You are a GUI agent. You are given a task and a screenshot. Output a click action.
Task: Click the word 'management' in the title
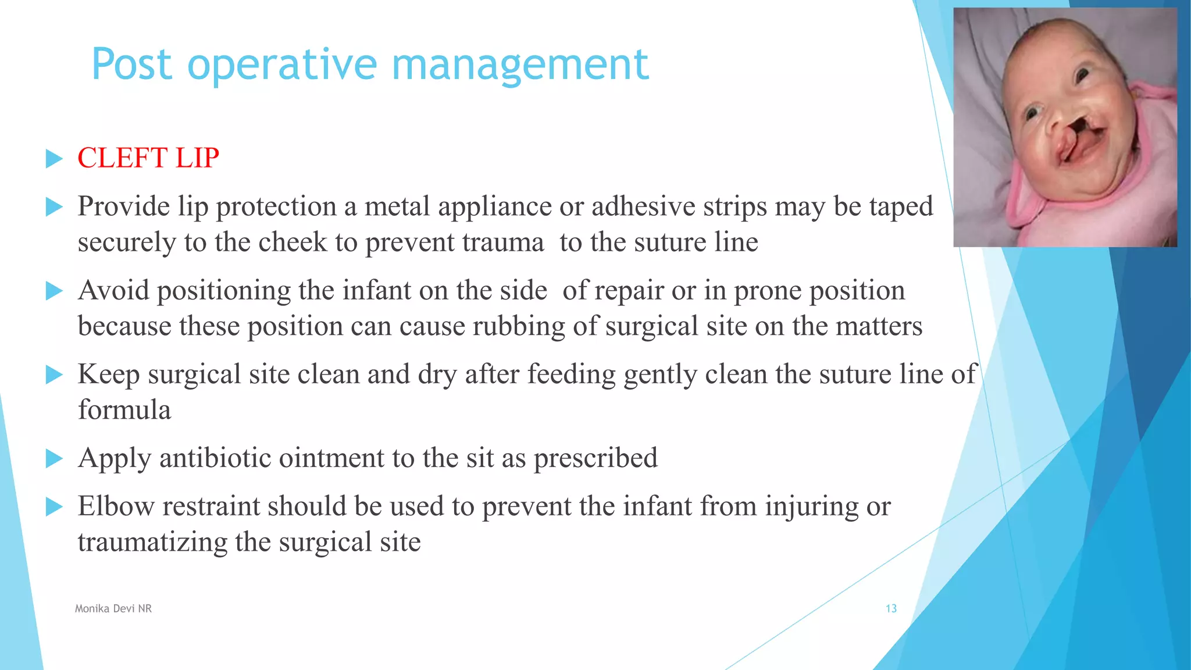click(520, 65)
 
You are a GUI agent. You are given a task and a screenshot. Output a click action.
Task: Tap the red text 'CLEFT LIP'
click(148, 158)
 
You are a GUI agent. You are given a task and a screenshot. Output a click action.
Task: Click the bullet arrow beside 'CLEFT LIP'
click(54, 159)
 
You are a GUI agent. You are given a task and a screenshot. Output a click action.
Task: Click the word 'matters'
click(879, 326)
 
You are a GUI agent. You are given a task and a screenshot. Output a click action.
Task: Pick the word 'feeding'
click(571, 374)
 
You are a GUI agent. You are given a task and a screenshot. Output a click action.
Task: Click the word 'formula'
click(124, 410)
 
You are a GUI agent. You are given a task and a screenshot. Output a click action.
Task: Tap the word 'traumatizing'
click(152, 543)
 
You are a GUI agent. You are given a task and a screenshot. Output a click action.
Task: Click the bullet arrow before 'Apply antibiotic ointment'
click(54, 459)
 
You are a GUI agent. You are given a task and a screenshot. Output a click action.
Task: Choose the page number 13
click(891, 608)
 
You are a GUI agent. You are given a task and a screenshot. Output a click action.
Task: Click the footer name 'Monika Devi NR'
click(113, 608)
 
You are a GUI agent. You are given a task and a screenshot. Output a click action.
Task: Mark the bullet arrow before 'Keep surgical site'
click(54, 375)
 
